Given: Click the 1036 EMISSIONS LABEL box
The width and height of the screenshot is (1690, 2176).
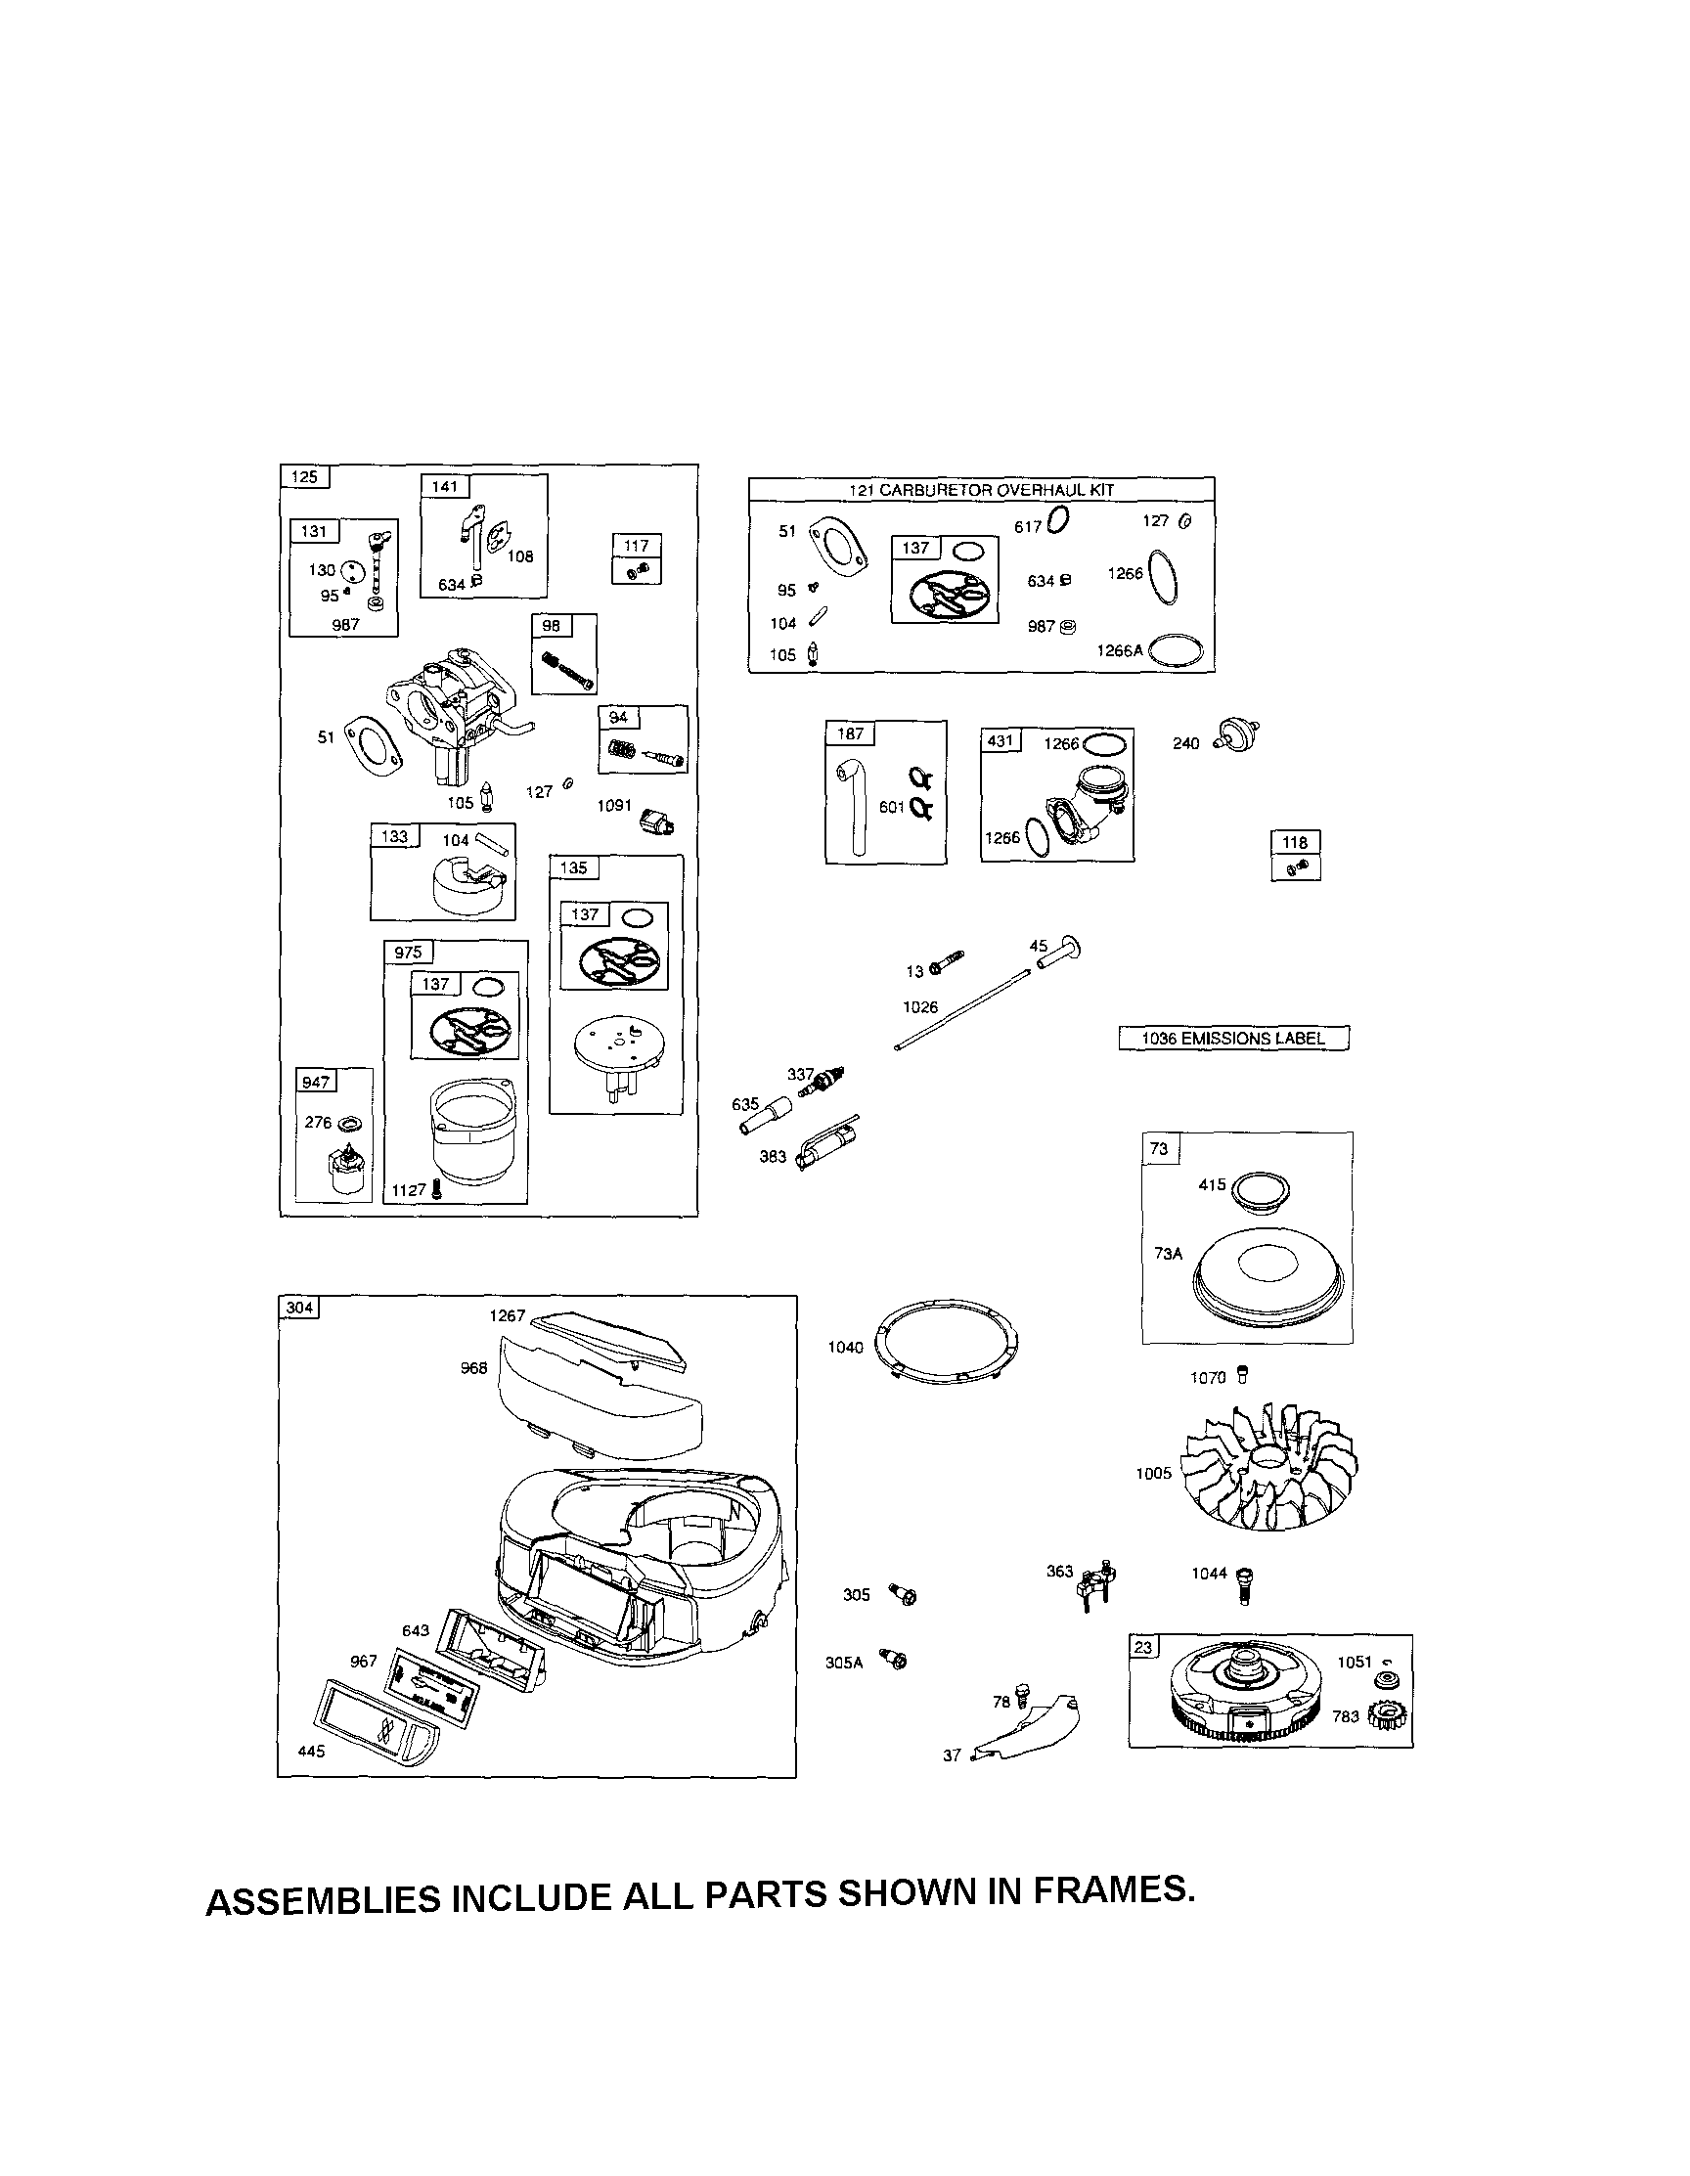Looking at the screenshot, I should pyautogui.click(x=1232, y=1039).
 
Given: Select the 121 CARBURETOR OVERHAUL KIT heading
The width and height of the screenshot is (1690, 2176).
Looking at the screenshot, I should pyautogui.click(x=981, y=490).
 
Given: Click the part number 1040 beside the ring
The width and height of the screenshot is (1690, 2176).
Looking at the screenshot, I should pyautogui.click(x=845, y=1347).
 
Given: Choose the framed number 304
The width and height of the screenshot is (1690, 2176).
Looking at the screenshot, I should pyautogui.click(x=299, y=1308).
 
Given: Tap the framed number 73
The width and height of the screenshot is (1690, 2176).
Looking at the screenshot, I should pyautogui.click(x=1159, y=1149).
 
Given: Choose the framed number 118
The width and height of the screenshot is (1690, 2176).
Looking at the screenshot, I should pyautogui.click(x=1296, y=842).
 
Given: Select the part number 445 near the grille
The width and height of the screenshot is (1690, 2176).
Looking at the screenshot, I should pyautogui.click(x=312, y=1752).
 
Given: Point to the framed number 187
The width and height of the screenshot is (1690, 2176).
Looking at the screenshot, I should pyautogui.click(x=850, y=733).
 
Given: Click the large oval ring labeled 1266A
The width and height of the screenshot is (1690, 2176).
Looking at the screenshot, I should pyautogui.click(x=1177, y=651).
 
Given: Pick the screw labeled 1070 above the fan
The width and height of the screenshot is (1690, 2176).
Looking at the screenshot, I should pyautogui.click(x=1240, y=1376).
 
